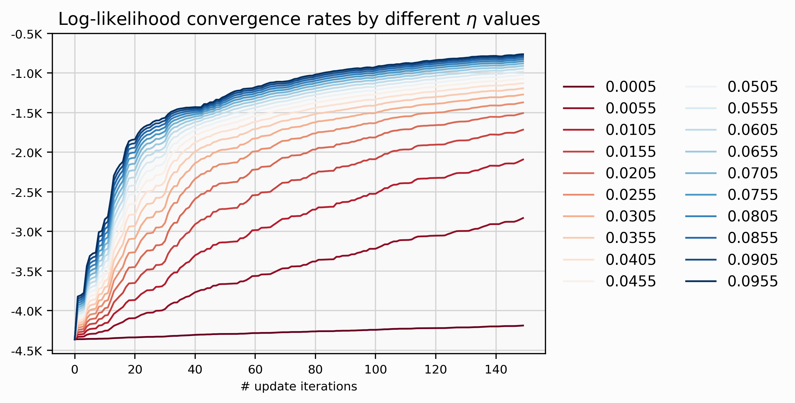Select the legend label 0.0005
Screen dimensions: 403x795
coord(630,87)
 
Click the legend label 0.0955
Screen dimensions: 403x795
coord(752,281)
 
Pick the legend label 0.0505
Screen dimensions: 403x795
coord(752,87)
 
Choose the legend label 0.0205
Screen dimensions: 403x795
coord(630,173)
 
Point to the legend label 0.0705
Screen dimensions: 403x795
coord(752,173)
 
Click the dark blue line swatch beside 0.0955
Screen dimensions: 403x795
coord(701,281)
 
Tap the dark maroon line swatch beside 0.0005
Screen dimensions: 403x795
coord(578,87)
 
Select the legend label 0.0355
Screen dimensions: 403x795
coord(630,238)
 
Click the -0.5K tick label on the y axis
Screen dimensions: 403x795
coord(27,34)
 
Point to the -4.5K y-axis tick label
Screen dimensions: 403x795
coord(27,351)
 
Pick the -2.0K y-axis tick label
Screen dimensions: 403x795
coord(27,153)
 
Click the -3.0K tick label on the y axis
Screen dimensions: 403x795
coord(27,232)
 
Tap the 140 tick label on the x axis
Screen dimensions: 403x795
coord(496,369)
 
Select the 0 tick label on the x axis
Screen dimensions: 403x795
coord(75,369)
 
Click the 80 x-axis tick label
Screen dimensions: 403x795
coord(315,369)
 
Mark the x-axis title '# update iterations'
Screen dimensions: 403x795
coord(299,386)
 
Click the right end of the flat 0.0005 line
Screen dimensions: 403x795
coord(523,325)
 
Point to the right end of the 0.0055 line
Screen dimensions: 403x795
coord(523,218)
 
